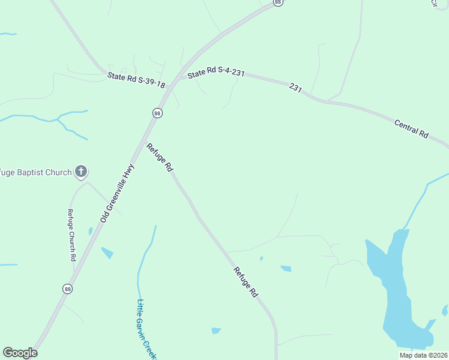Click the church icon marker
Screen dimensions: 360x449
pos(81,172)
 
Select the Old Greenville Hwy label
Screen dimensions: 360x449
pos(117,194)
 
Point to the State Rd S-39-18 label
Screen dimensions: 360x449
pos(136,80)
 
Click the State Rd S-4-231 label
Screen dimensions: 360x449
pos(216,73)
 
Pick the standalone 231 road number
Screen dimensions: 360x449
pos(295,88)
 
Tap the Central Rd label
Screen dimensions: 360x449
pos(411,130)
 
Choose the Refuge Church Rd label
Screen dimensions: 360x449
pos(71,235)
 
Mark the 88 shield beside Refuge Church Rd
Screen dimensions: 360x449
pos(67,289)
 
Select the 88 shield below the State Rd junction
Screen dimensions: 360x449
pos(157,113)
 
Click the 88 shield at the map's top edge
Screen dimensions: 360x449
pos(277,2)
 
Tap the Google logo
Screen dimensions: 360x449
pos(20,353)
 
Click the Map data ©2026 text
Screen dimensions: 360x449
pos(423,355)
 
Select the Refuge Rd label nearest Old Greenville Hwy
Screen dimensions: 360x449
pos(160,158)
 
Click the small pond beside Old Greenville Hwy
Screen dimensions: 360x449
pos(107,253)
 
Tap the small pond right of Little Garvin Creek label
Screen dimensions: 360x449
pos(216,331)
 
